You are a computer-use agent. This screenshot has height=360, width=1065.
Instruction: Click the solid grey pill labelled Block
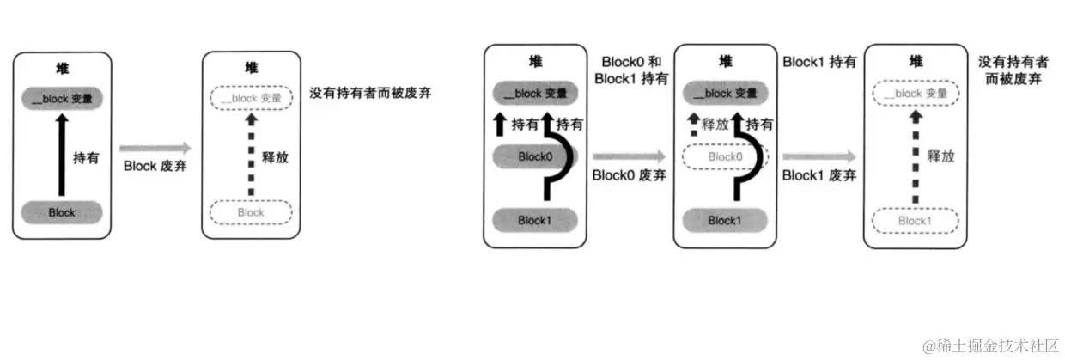[62, 212]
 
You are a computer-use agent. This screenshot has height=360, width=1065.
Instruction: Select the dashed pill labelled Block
[251, 212]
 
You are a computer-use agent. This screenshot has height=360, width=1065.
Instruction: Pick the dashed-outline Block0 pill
[725, 156]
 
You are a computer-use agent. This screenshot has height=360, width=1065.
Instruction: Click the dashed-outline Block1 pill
[914, 221]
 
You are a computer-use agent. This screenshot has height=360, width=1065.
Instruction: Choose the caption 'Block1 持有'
[819, 63]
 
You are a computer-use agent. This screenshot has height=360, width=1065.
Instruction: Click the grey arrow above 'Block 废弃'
[155, 148]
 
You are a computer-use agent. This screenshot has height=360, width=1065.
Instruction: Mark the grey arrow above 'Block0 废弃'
[629, 156]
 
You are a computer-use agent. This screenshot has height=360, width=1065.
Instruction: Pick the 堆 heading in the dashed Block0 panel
[726, 62]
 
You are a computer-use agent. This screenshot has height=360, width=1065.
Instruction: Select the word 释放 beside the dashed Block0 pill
[715, 125]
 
